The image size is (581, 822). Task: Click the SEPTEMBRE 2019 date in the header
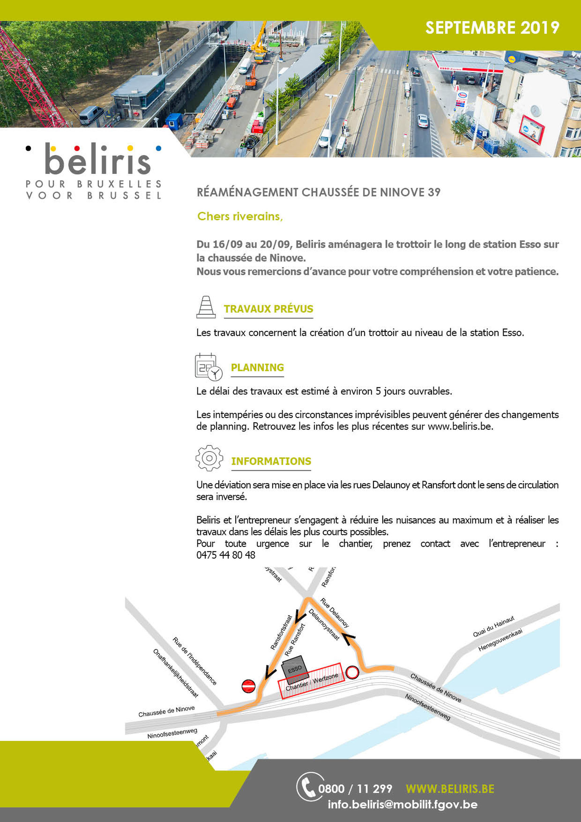[x=492, y=28]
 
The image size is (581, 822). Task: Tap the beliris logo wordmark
[x=97, y=161]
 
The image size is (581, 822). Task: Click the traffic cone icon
[x=206, y=307]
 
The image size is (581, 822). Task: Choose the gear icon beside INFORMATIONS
[x=209, y=458]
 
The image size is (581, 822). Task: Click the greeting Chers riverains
[x=240, y=217]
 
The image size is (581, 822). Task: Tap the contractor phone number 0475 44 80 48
[x=226, y=555]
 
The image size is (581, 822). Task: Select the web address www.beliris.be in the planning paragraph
[x=460, y=426]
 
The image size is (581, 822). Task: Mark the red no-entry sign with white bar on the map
[x=249, y=686]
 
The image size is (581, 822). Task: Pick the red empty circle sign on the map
[x=352, y=672]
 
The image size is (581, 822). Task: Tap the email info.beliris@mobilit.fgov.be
[x=402, y=805]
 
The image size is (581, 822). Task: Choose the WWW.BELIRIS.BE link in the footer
[x=450, y=789]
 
